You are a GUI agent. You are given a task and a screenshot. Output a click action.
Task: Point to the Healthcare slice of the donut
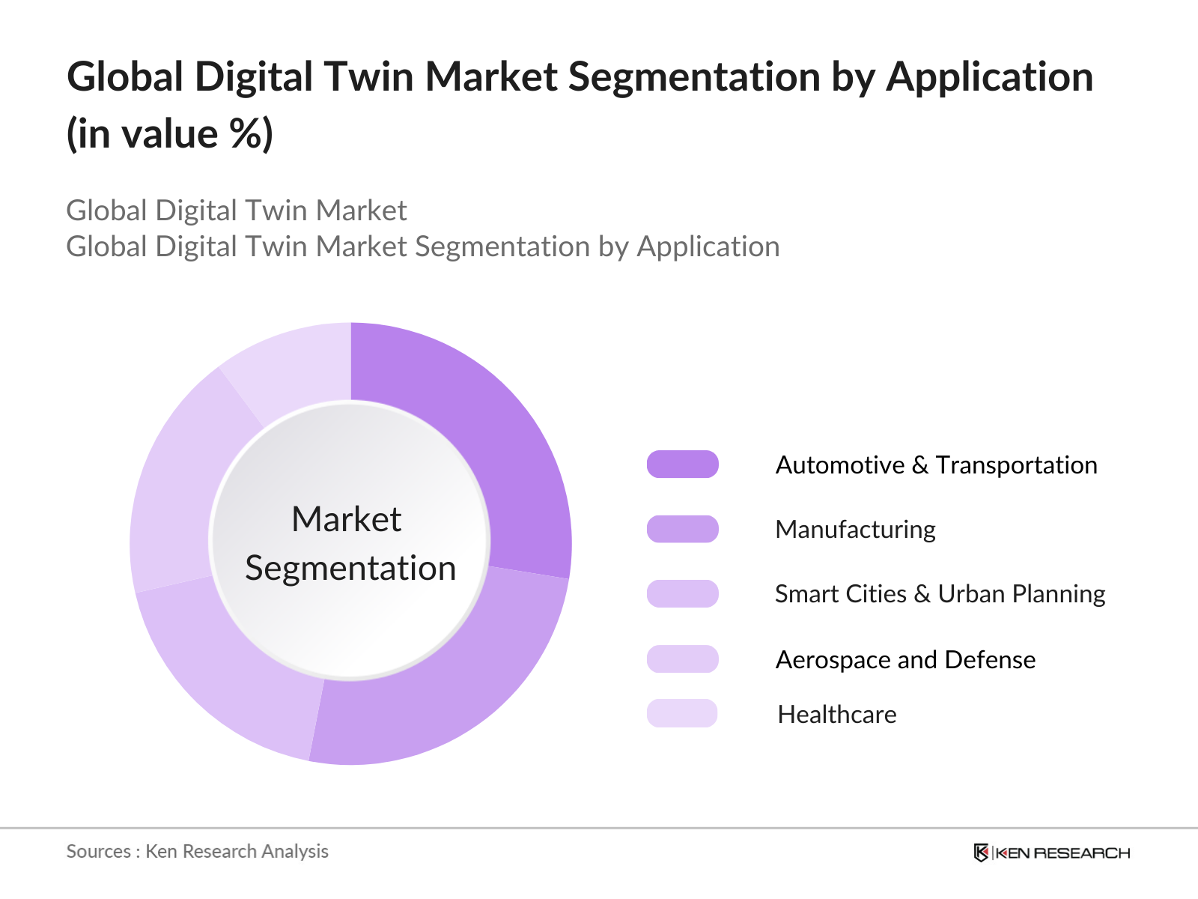point(295,366)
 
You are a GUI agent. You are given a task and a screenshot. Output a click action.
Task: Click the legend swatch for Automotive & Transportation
point(682,464)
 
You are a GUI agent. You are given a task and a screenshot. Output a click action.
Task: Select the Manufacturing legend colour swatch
point(682,529)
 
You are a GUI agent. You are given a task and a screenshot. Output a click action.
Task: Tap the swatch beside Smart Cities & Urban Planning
point(682,594)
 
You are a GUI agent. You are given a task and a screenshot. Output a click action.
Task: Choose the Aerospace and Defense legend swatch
point(682,659)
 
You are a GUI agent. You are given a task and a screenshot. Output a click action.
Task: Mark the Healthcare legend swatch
point(682,713)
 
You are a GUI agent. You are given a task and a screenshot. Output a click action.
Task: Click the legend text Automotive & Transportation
point(936,465)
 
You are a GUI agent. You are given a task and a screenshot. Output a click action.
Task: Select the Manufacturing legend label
point(855,530)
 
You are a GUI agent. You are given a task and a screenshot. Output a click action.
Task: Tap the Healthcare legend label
point(836,715)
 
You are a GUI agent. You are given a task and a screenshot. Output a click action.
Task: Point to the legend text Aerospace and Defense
point(905,660)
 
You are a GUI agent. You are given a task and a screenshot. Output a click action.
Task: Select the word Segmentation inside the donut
point(350,569)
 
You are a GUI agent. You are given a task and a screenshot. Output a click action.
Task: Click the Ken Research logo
point(1052,853)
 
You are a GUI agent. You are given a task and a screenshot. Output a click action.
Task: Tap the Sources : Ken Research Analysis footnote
point(197,852)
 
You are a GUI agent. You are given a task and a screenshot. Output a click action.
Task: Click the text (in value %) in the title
point(169,134)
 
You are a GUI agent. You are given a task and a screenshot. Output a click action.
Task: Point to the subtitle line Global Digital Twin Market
point(237,211)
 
